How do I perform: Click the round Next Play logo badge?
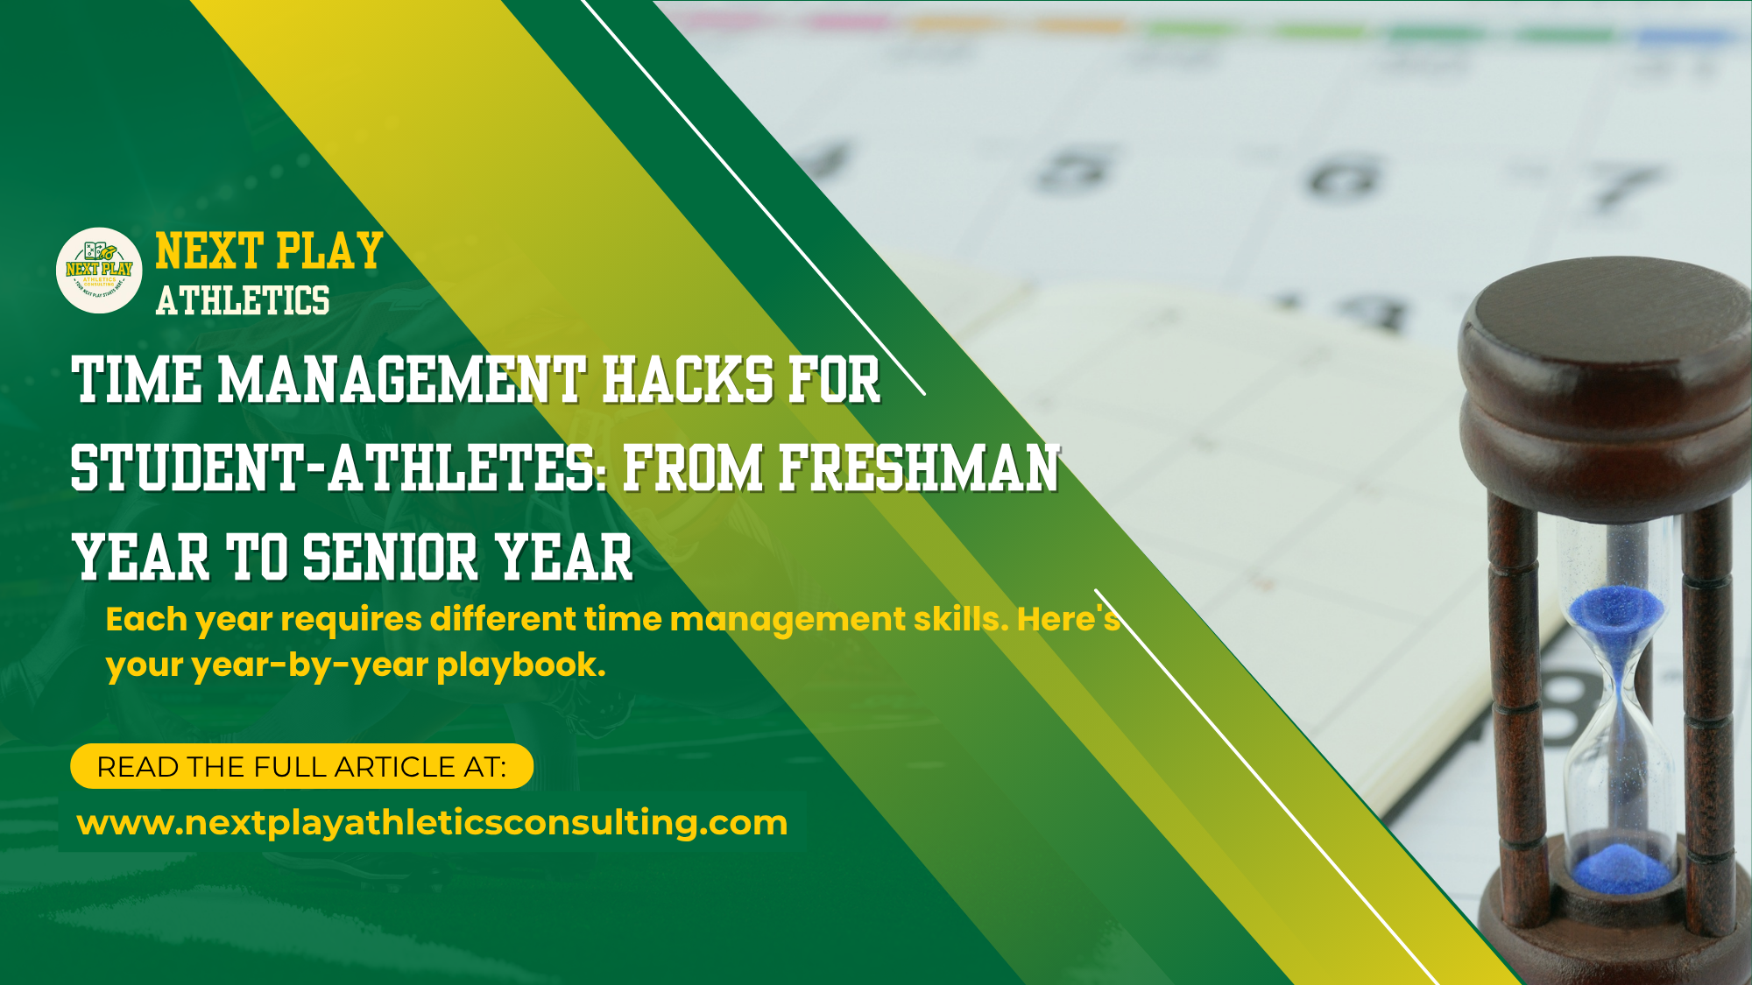(x=99, y=271)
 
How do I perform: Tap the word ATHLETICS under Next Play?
(x=243, y=300)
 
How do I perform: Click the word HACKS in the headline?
(x=689, y=381)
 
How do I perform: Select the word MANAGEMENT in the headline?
(x=401, y=381)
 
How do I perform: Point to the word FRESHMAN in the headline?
(x=919, y=468)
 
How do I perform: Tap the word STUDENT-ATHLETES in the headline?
(x=333, y=468)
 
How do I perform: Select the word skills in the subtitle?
(x=960, y=620)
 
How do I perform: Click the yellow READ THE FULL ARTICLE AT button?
(x=301, y=766)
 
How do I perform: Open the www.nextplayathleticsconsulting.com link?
(x=432, y=823)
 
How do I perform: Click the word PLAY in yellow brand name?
(x=330, y=251)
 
